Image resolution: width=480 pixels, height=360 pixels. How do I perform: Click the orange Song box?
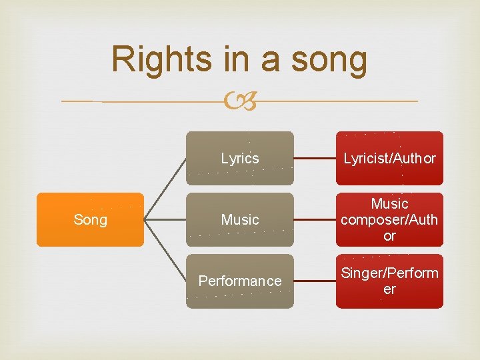(x=90, y=219)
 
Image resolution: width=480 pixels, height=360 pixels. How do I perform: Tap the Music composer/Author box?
(x=389, y=219)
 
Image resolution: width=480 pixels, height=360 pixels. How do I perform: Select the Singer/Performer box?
(x=389, y=281)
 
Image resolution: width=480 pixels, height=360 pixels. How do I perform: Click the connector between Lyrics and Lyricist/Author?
(x=315, y=159)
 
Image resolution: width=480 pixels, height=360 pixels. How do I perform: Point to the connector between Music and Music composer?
(x=315, y=220)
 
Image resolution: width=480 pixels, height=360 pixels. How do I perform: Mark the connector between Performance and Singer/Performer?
(x=315, y=281)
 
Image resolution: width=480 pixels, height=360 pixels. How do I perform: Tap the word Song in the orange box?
(x=90, y=219)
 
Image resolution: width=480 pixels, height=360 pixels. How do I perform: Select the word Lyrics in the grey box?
(x=239, y=159)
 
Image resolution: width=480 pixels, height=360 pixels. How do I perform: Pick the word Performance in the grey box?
(x=239, y=281)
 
